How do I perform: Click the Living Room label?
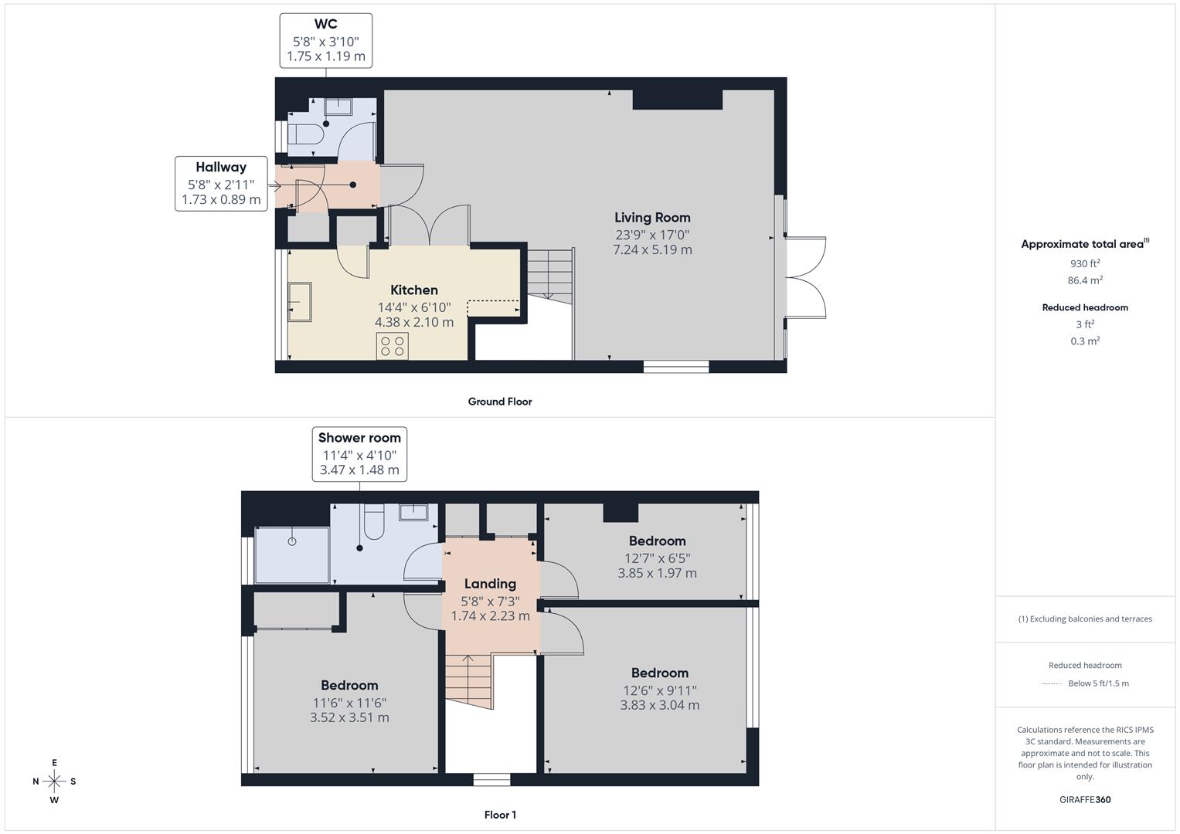[x=652, y=218]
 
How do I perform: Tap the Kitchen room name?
[x=414, y=290]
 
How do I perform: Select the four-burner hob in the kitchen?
[x=393, y=345]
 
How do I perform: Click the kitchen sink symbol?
[x=299, y=302]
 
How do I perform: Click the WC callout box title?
[x=325, y=24]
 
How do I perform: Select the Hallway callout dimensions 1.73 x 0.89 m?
[x=221, y=200]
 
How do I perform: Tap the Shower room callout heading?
[x=359, y=438]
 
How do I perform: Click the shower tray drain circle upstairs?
[x=292, y=541]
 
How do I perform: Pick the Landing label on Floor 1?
[x=490, y=584]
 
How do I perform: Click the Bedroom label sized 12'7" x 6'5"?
[x=657, y=541]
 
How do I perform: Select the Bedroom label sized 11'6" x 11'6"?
[x=349, y=685]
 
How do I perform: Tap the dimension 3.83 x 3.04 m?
[x=659, y=705]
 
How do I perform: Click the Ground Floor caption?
[x=500, y=402]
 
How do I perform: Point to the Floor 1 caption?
[x=500, y=815]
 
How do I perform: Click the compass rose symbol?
[x=54, y=781]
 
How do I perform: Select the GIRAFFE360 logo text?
[x=1085, y=799]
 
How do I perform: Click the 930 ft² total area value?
[x=1085, y=264]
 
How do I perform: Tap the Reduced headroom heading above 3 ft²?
[x=1085, y=307]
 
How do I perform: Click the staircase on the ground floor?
[x=549, y=273]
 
